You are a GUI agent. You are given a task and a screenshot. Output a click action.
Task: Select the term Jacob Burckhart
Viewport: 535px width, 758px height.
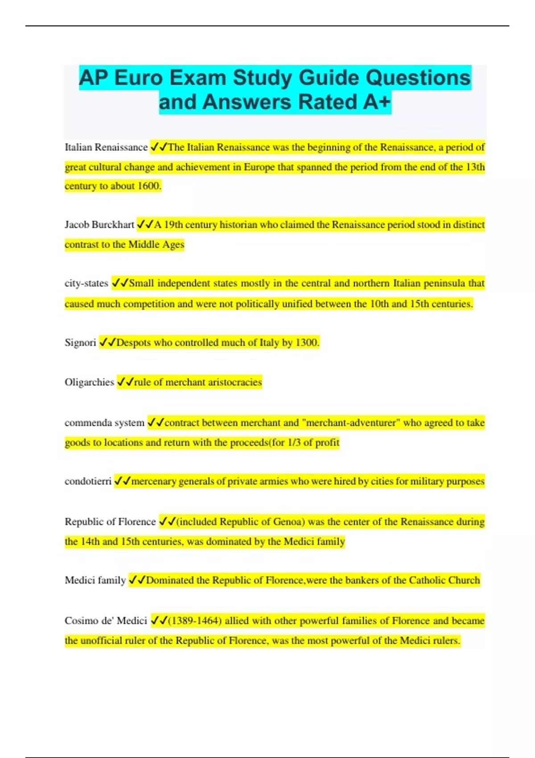(99, 225)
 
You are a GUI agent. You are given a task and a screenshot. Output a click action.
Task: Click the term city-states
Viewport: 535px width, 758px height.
(86, 284)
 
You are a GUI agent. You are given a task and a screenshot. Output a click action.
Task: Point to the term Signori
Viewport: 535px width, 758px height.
(80, 343)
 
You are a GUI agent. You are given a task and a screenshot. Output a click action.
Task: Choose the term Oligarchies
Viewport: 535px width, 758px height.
(89, 383)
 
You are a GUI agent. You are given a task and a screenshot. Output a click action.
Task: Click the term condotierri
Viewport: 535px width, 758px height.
(88, 482)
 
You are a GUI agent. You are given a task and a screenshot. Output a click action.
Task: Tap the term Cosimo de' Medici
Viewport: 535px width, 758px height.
(106, 621)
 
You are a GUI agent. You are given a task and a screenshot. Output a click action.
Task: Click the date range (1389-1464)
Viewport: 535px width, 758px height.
(195, 621)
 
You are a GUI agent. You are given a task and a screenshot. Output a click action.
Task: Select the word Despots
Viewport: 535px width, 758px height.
(133, 343)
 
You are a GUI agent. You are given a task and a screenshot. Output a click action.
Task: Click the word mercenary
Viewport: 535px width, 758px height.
(153, 482)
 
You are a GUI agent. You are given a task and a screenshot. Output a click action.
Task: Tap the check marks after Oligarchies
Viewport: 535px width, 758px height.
(125, 383)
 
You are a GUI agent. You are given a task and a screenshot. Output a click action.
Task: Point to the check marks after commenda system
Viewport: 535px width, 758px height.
(156, 423)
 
